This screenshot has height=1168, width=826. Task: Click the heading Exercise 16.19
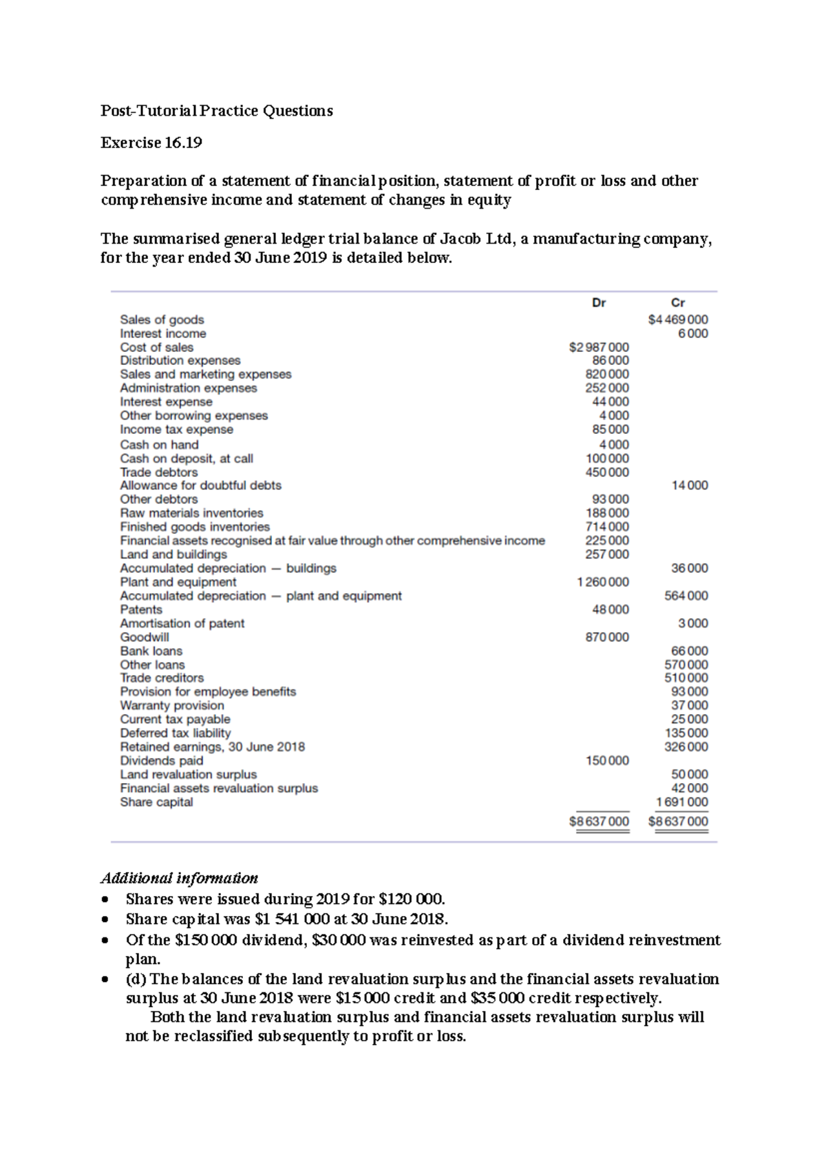[x=151, y=143]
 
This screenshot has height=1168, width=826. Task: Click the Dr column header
[x=598, y=302]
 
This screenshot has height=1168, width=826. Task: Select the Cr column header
[x=677, y=302]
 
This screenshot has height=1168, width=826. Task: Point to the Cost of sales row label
[x=156, y=347]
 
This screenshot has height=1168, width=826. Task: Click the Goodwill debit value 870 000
[x=606, y=637]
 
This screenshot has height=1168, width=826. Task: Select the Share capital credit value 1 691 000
[x=681, y=802]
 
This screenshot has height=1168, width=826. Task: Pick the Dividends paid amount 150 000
[x=606, y=760]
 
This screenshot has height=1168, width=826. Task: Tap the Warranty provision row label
[x=171, y=705]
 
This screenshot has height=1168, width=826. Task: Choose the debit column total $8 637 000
[x=599, y=822]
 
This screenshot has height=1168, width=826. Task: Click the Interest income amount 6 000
[x=692, y=333]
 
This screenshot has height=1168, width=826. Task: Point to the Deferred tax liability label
[x=175, y=733]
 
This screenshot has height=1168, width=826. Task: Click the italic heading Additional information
[x=179, y=878]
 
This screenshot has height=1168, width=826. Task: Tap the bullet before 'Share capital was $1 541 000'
[x=105, y=920]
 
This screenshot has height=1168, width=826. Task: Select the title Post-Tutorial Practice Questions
[x=216, y=111]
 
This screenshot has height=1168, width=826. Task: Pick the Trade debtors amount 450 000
[x=606, y=472]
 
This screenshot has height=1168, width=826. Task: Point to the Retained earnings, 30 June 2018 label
[x=212, y=747]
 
